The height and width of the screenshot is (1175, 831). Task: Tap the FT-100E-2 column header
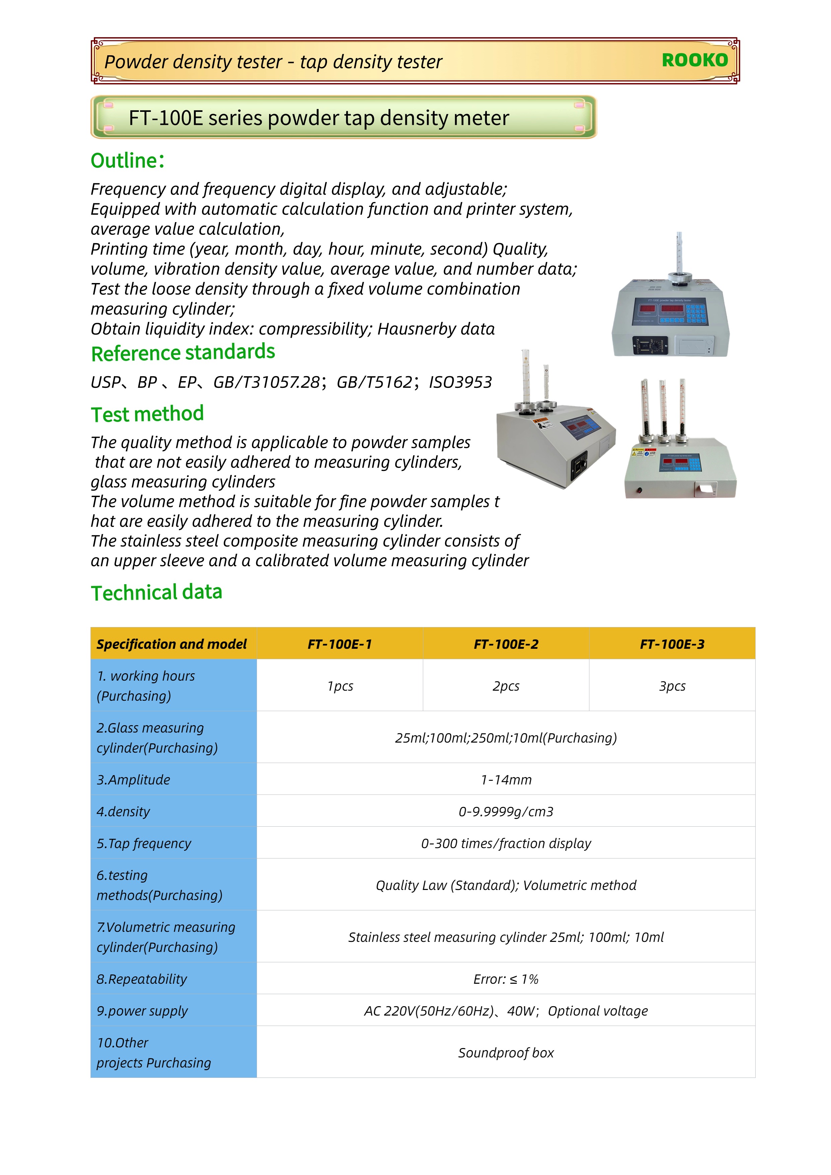click(506, 644)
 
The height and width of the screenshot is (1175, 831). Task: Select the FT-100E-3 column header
click(672, 644)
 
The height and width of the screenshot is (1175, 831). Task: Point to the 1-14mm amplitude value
click(506, 779)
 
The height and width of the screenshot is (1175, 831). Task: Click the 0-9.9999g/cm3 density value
click(506, 811)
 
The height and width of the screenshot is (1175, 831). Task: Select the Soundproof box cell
click(506, 1053)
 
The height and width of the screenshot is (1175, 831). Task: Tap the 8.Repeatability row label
click(142, 979)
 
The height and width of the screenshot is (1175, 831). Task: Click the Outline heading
click(127, 161)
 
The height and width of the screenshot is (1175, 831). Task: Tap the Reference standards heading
click(183, 353)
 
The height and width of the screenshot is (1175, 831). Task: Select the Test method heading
click(147, 414)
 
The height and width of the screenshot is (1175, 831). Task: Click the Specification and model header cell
click(172, 644)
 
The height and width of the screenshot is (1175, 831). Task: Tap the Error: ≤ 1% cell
click(506, 979)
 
